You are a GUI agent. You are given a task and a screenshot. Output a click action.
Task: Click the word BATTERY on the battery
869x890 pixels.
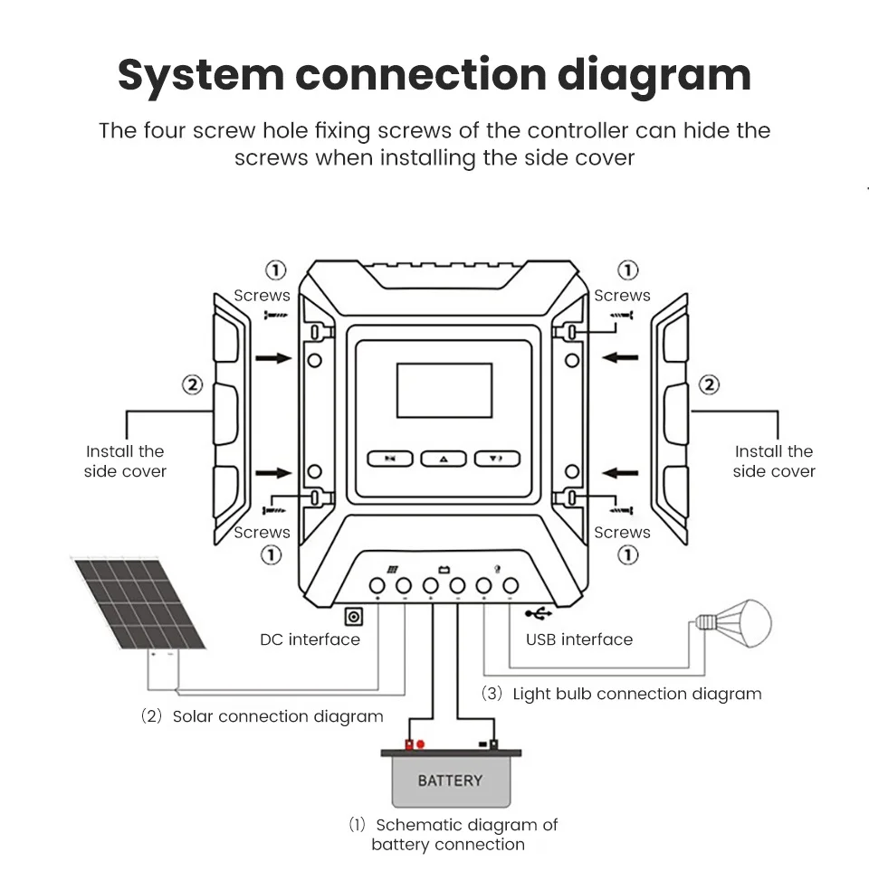tap(450, 781)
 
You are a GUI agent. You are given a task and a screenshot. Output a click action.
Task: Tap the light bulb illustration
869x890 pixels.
tap(739, 622)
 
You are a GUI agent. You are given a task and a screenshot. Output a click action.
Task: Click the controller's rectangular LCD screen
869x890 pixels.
tap(444, 390)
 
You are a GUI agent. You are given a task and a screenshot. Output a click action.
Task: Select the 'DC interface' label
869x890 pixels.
tap(310, 640)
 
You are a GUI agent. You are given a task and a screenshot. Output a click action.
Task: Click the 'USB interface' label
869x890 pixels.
tap(579, 640)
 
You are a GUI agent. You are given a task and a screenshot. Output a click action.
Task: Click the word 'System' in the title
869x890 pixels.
tap(199, 75)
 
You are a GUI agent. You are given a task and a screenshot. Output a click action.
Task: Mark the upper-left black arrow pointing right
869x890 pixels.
tap(273, 358)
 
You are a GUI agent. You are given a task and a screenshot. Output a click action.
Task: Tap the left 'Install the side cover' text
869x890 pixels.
tap(125, 461)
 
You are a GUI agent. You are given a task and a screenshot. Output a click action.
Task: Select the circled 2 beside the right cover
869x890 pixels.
tap(710, 385)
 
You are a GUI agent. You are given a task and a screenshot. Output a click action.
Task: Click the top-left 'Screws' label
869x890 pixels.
tap(262, 296)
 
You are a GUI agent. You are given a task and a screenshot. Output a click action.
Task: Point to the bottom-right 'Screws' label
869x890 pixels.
tap(622, 533)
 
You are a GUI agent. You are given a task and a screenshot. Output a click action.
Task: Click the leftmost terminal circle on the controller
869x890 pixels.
tap(377, 585)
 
